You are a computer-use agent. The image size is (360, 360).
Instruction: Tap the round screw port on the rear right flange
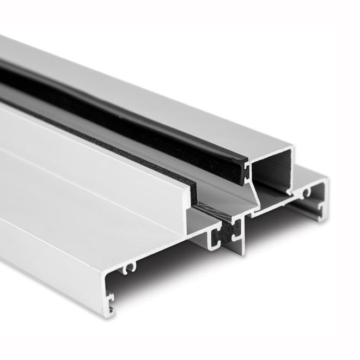[307, 191]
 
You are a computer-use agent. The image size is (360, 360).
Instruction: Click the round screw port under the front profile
[129, 267]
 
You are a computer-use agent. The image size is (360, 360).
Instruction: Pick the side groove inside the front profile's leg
[111, 297]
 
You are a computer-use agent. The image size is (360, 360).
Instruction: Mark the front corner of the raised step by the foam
[190, 186]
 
